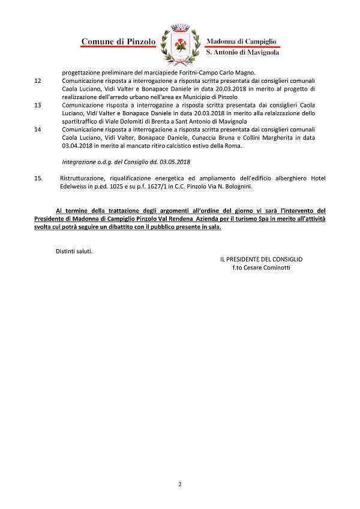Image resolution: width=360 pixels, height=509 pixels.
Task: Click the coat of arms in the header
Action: click(179, 44)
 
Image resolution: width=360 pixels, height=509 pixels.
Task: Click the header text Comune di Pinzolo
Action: click(118, 41)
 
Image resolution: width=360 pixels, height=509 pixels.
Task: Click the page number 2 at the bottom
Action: click(179, 484)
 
